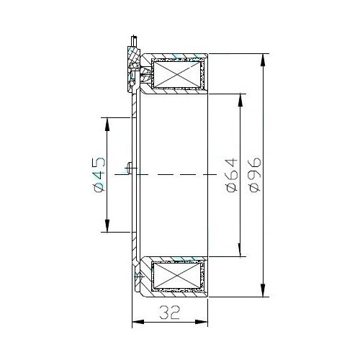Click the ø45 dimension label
pyautogui.click(x=99, y=175)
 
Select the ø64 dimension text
pyautogui.click(x=232, y=175)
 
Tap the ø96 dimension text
pyautogui.click(x=255, y=175)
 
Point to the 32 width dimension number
pyautogui.click(x=170, y=312)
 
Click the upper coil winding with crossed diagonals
pyautogui.click(x=177, y=74)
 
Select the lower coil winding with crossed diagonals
pyautogui.click(x=177, y=276)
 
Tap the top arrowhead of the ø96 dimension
pyautogui.click(x=264, y=60)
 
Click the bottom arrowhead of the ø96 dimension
pyautogui.click(x=264, y=291)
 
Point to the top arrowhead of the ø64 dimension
pyautogui.click(x=240, y=99)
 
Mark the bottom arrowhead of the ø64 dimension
pyautogui.click(x=240, y=251)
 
